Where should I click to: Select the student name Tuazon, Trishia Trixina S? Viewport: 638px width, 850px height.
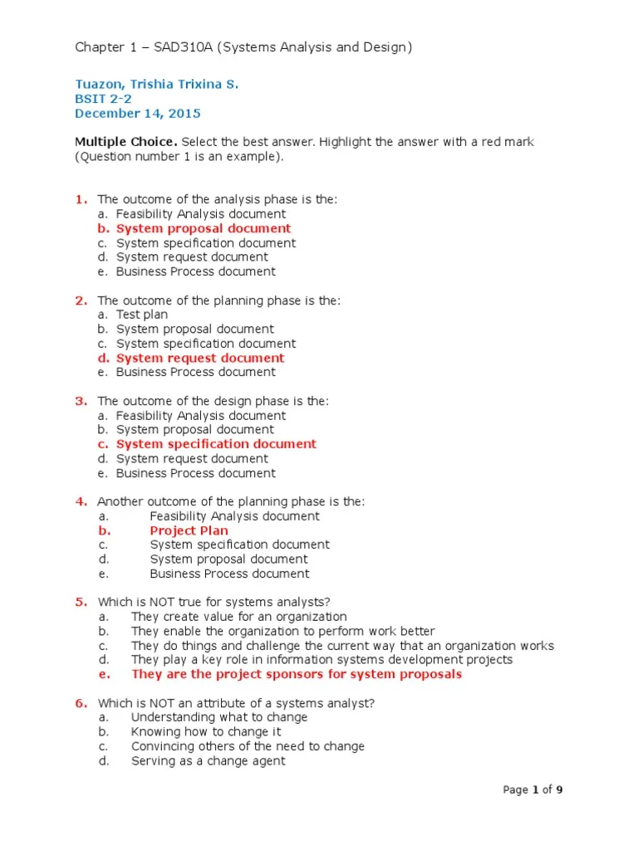coord(157,85)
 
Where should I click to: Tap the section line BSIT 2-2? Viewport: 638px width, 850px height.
coord(103,100)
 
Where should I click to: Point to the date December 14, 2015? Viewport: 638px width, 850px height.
coord(138,114)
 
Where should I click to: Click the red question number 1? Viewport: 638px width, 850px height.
coord(81,199)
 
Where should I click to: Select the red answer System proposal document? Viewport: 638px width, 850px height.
coord(204,228)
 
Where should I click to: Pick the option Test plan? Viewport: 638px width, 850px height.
coord(142,315)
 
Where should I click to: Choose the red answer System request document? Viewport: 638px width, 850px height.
coord(200,358)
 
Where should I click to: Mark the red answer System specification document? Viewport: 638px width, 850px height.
coord(216,444)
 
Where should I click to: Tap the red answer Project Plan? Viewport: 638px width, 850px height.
coord(189,530)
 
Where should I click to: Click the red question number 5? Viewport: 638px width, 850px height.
coord(81,602)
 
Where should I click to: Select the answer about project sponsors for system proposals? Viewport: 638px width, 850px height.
coord(296,674)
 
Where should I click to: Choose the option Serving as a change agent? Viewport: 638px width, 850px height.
coord(208,760)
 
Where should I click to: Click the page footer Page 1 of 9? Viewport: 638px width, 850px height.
coord(533,789)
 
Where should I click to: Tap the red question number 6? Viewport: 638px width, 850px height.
coord(81,703)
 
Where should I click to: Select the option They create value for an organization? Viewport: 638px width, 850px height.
coord(238,617)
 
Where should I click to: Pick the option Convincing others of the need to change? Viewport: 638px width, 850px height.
coord(248,746)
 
